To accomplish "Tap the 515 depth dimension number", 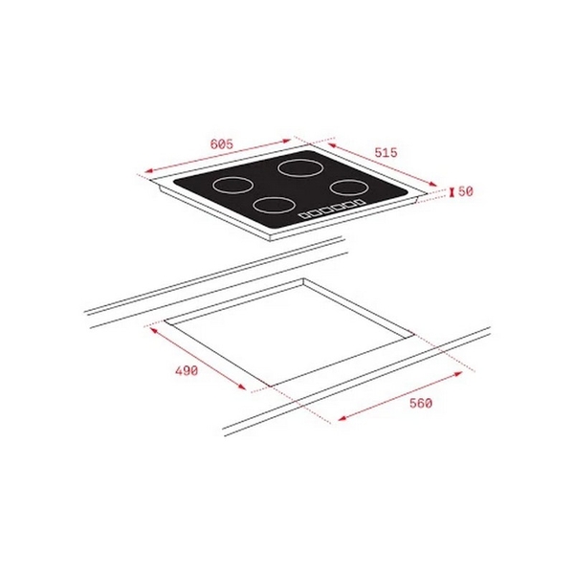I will point(386,152).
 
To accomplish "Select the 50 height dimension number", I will point(466,191).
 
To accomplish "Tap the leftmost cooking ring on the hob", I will point(231,185).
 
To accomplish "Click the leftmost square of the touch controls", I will point(304,215).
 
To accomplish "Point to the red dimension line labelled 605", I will point(220,156).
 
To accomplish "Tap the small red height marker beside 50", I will point(451,192).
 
